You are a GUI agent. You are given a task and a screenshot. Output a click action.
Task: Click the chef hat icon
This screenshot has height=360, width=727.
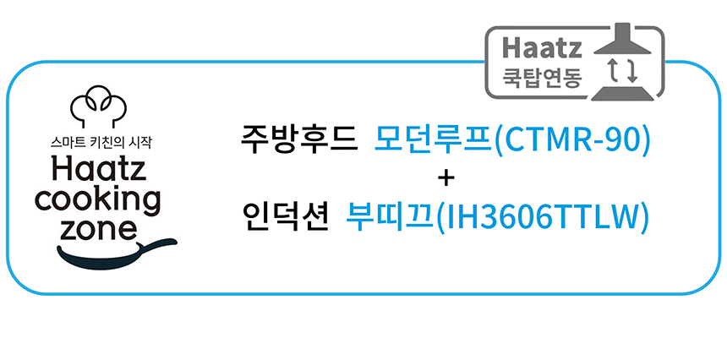(98, 106)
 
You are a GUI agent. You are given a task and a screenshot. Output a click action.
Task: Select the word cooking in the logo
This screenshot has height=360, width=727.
(98, 199)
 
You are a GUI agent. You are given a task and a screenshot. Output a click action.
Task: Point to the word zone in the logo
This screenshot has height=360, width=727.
(99, 227)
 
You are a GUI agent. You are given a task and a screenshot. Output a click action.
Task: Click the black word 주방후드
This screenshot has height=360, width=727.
(299, 139)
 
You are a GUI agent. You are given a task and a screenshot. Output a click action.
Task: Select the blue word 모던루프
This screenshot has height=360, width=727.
(433, 139)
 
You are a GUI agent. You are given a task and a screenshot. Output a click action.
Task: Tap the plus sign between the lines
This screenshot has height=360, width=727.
(445, 179)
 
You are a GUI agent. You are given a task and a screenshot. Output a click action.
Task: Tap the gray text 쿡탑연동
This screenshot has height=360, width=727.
(542, 78)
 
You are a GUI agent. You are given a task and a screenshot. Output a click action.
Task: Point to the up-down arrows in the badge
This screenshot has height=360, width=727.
(623, 71)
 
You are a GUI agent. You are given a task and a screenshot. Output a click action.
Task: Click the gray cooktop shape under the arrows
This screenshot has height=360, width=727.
(623, 93)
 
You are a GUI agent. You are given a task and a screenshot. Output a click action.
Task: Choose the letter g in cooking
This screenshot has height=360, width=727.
(150, 203)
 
